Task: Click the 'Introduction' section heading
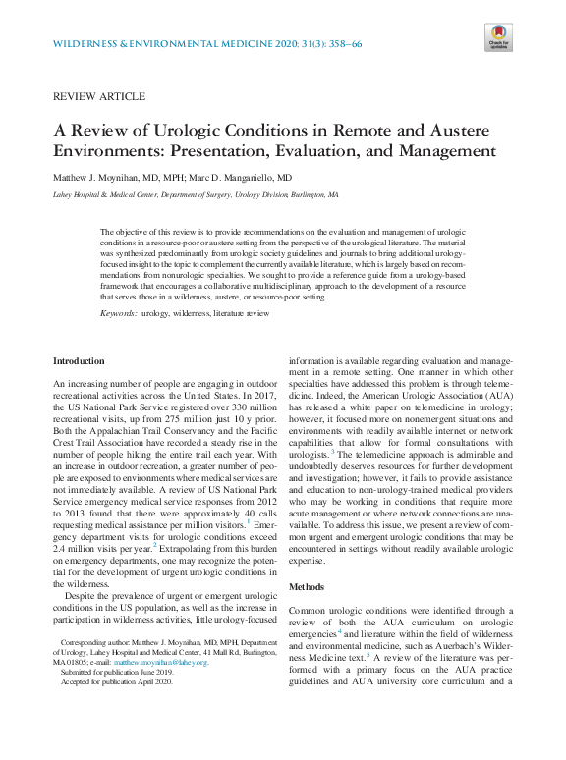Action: tap(78, 362)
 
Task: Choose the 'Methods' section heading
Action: tap(308, 586)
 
